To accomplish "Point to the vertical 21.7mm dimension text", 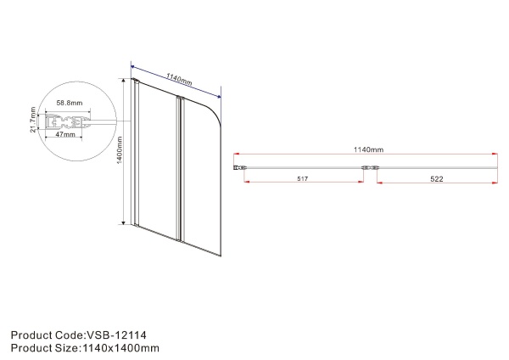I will point(32,121).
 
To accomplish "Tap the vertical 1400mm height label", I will point(120,153).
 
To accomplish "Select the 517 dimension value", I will point(301,180).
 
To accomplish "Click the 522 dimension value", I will point(434,180).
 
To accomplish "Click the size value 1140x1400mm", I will point(120,347).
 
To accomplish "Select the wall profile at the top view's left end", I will point(240,168).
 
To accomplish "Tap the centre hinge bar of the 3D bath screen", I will point(178,170).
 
